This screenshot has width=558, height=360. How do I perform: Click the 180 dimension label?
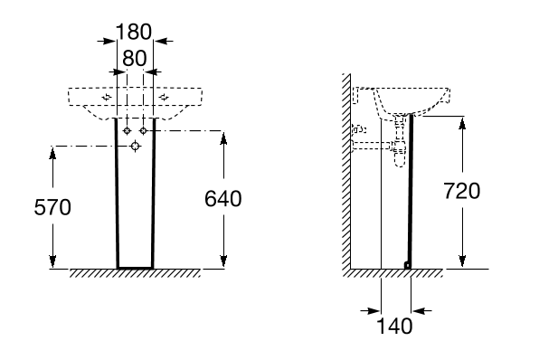tap(134, 32)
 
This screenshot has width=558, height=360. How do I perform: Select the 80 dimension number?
tap(134, 59)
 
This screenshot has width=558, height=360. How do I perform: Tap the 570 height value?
tap(52, 207)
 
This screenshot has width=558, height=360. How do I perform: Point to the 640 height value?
tap(223, 199)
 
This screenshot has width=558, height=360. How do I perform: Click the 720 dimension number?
tap(461, 191)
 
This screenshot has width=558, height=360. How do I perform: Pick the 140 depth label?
tap(394, 326)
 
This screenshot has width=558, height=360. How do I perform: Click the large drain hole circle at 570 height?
tap(135, 146)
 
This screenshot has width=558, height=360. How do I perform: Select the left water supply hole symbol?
tap(127, 131)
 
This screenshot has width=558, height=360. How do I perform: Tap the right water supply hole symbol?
tap(143, 131)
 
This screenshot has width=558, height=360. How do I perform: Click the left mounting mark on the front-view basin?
tap(107, 97)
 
